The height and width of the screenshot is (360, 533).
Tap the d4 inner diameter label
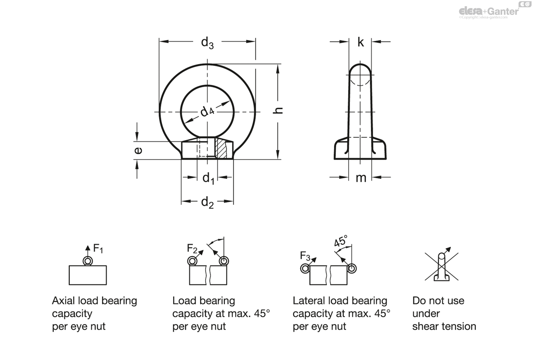(x=207, y=112)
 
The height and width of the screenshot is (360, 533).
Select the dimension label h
(x=278, y=110)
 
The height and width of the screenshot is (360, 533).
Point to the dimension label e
(x=138, y=151)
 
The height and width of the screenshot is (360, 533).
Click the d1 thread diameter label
(x=208, y=178)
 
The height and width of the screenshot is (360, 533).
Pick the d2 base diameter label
(x=207, y=203)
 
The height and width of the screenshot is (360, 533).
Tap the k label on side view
(x=361, y=43)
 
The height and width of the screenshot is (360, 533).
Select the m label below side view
(x=361, y=178)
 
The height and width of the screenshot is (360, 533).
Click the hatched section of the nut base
(x=221, y=149)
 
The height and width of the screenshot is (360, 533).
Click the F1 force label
(x=98, y=249)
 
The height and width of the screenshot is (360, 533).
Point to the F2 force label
(x=192, y=248)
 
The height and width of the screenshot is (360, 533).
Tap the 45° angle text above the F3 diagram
(x=341, y=242)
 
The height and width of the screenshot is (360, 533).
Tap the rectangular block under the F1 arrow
(x=88, y=275)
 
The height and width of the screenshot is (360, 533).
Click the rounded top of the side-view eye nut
(x=361, y=71)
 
